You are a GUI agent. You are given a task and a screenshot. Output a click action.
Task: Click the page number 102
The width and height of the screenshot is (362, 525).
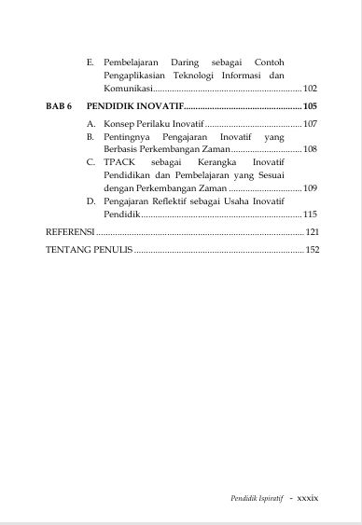tap(311, 89)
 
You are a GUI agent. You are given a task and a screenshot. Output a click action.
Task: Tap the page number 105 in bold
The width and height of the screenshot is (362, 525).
tap(311, 106)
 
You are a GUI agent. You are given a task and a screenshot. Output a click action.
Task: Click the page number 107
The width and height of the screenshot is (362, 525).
tap(311, 124)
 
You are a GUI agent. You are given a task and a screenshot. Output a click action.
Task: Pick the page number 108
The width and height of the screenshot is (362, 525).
tap(311, 149)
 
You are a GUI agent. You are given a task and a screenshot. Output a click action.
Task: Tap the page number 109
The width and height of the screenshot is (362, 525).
tap(311, 188)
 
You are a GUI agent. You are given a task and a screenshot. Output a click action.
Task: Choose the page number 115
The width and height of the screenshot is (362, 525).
tap(311, 214)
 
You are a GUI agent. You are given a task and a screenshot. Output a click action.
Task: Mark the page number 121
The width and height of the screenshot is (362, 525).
tap(313, 232)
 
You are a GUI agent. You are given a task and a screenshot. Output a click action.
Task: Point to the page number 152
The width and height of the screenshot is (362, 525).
tap(313, 250)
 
